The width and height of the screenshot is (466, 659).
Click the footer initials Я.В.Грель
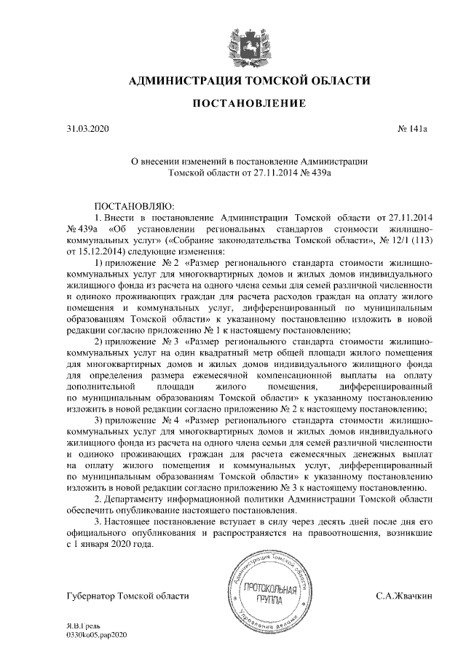(x=85, y=626)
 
